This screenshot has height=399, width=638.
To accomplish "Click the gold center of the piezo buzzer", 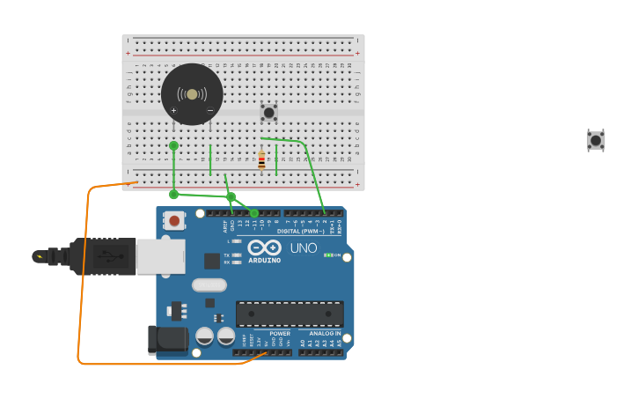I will coord(192,94).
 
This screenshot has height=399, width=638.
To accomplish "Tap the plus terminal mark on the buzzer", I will coord(173,111).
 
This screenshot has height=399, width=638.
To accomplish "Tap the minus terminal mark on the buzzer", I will coord(209,111).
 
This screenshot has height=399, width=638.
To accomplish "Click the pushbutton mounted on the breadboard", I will coord(268,112).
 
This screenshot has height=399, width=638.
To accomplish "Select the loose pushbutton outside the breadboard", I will coord(596,140).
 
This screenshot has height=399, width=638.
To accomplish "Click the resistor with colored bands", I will coord(261,161).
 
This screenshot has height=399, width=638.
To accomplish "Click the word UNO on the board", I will coord(304,248).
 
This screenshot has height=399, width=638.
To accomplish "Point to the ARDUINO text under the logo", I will coord(264,261).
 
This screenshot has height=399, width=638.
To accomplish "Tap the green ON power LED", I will coord(327,255).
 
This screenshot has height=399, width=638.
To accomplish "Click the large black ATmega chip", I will coord(290,314).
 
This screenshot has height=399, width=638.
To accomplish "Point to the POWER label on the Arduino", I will coord(280,334).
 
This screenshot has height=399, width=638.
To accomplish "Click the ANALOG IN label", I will coord(325,334).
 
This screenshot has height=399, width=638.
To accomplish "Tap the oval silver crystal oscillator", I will coord(209,284).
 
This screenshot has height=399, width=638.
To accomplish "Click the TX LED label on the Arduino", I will coord(226,255).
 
